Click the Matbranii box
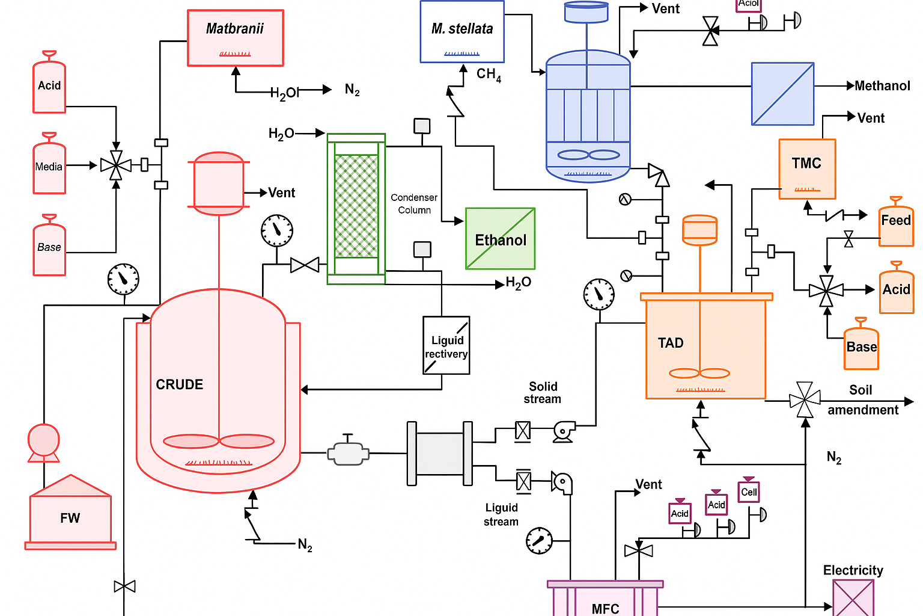[x=235, y=38]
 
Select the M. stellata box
[x=461, y=32]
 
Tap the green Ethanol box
[x=500, y=239]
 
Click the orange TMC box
[x=806, y=169]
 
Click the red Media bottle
[x=49, y=165]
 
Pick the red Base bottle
[x=49, y=247]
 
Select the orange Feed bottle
[x=895, y=223]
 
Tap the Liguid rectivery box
[x=446, y=345]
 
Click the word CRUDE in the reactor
[x=179, y=384]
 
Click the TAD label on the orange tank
[x=671, y=343]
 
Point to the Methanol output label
[x=882, y=86]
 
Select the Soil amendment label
[x=862, y=400]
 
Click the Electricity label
[x=853, y=570]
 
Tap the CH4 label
[x=489, y=75]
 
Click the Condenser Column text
[x=414, y=203]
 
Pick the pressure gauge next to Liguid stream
[x=539, y=540]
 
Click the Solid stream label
[x=543, y=392]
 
